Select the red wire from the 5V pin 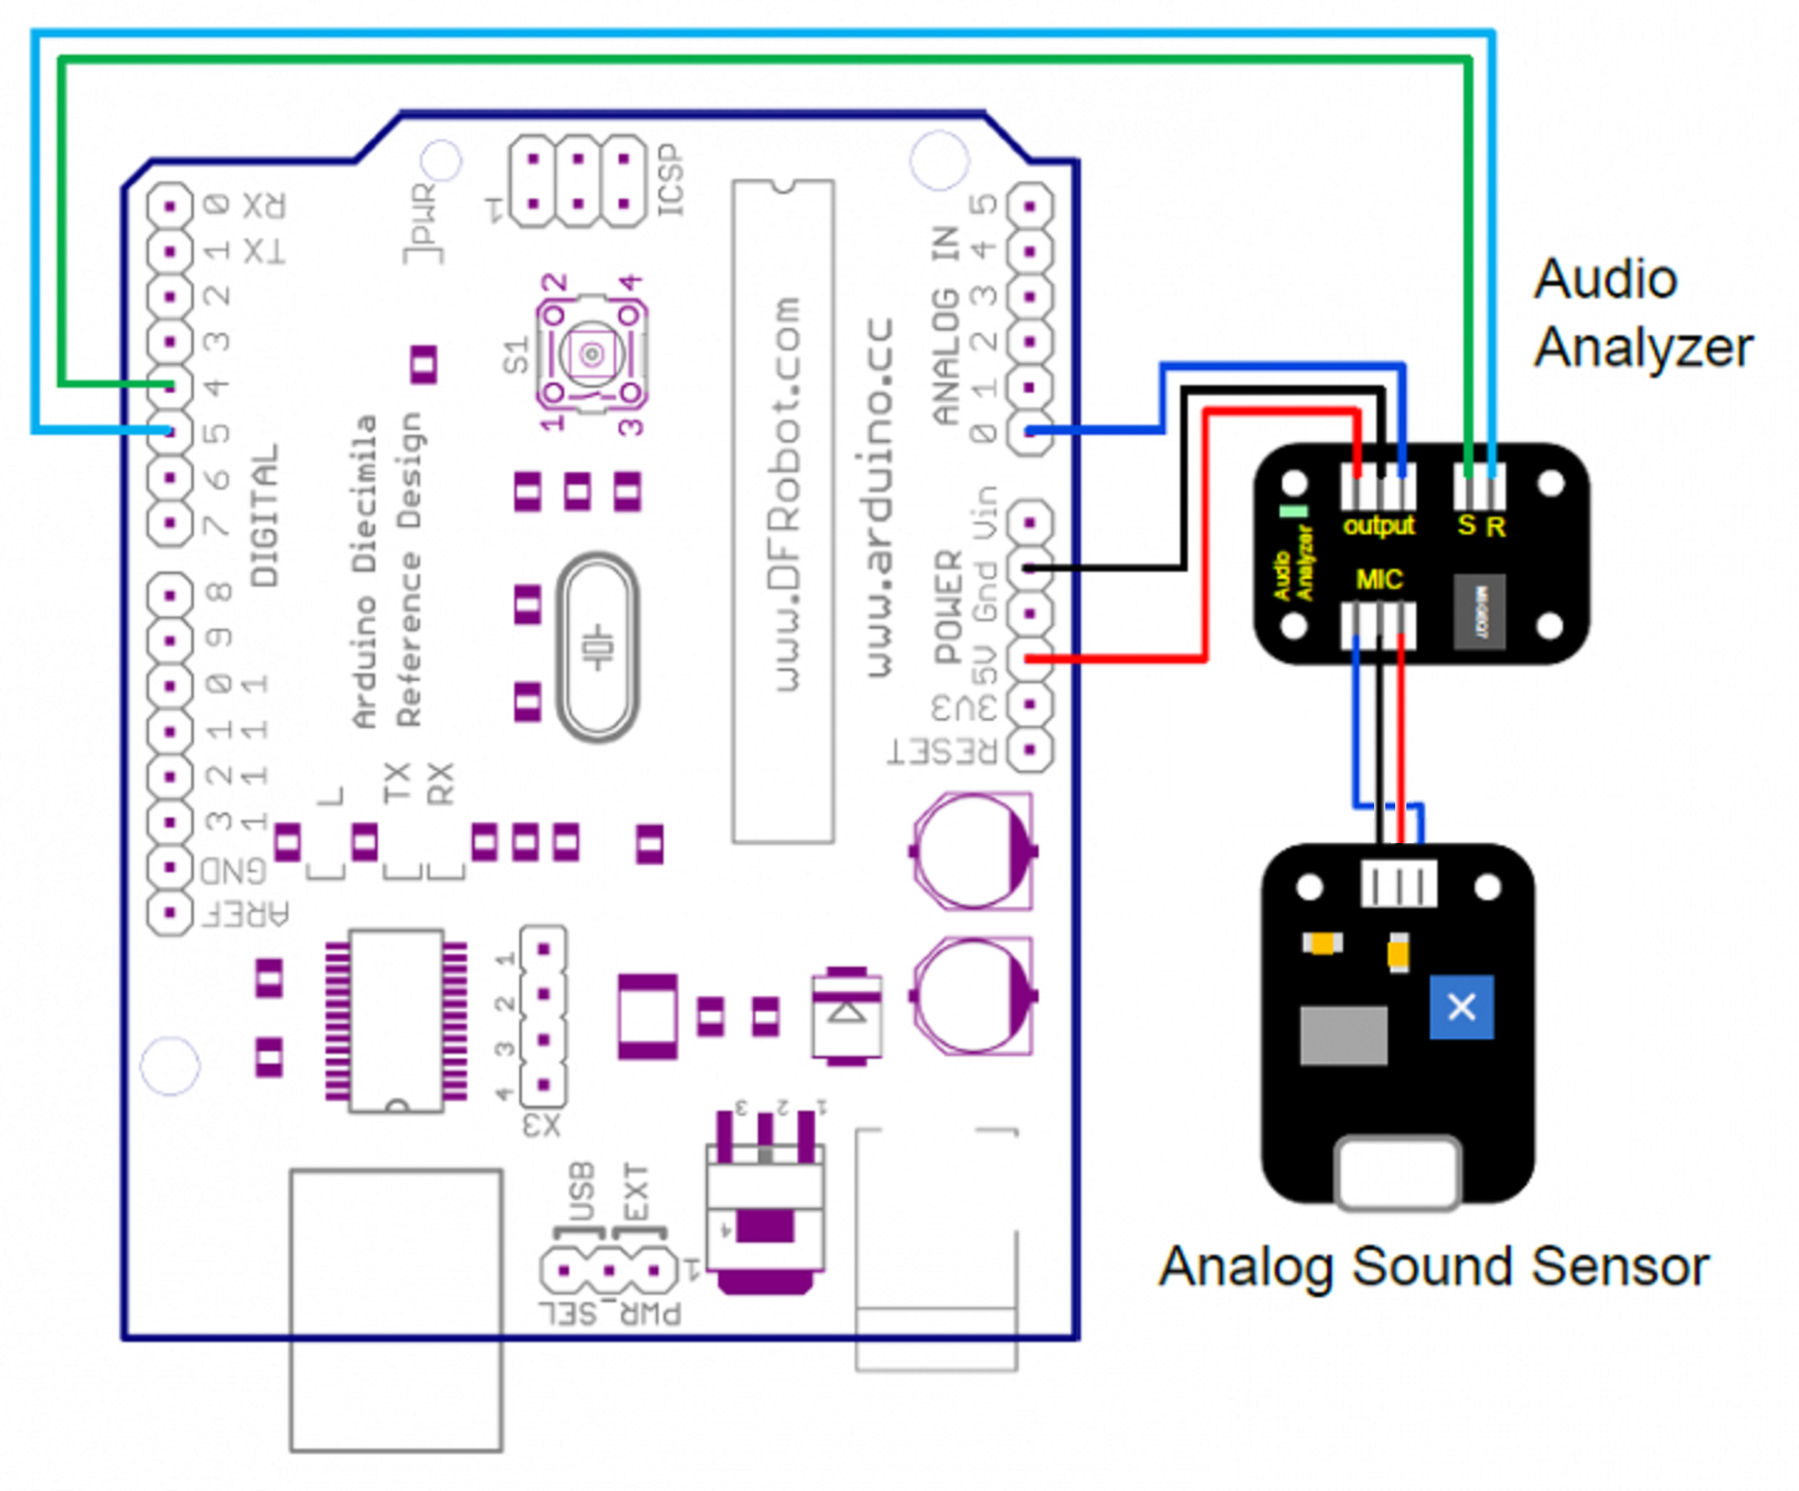click(x=1114, y=658)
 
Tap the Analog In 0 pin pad click(x=1031, y=431)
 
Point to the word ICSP click(x=671, y=180)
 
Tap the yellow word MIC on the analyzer click(x=1378, y=580)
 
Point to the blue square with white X click(x=1462, y=1007)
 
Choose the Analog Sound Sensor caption click(x=1433, y=1267)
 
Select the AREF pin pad click(x=170, y=913)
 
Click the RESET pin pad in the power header click(x=1031, y=750)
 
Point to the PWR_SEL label click(x=610, y=1313)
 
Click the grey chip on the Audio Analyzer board click(x=1480, y=611)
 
